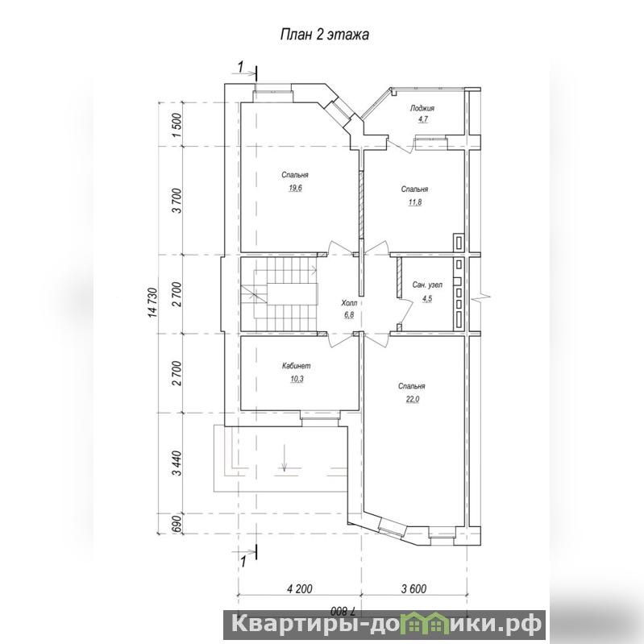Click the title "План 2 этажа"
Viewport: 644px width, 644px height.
click(x=324, y=35)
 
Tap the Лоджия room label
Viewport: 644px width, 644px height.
click(x=422, y=109)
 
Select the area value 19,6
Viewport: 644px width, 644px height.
click(x=295, y=189)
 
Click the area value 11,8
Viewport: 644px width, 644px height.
click(x=415, y=202)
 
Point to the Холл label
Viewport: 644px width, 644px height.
click(x=349, y=303)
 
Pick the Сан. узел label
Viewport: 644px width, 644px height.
click(x=427, y=285)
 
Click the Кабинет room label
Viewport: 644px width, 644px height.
click(x=297, y=366)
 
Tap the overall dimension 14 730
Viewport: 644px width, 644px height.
click(x=153, y=303)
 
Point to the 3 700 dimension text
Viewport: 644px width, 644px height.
click(x=177, y=201)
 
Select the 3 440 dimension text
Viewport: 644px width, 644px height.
click(x=177, y=463)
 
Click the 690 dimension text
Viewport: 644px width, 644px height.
click(x=177, y=523)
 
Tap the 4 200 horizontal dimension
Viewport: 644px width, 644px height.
click(x=299, y=589)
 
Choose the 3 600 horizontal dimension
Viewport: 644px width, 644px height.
click(x=413, y=589)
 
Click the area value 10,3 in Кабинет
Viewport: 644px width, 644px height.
click(x=297, y=379)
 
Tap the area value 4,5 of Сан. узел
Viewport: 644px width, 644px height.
click(x=427, y=298)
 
